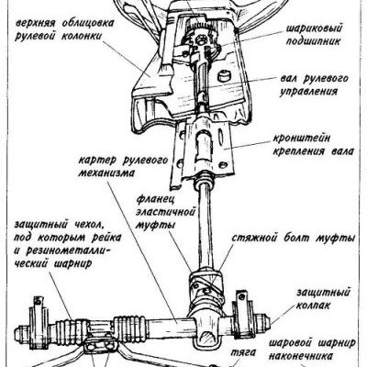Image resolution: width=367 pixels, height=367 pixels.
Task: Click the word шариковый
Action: tap(314, 28)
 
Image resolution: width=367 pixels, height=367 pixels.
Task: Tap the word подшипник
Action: tap(314, 41)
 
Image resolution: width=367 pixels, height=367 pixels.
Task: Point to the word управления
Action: tap(309, 92)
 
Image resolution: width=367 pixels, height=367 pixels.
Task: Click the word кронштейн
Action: tap(303, 138)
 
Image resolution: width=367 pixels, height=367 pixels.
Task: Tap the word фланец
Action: tap(155, 199)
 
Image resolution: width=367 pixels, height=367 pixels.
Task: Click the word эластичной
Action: tap(166, 212)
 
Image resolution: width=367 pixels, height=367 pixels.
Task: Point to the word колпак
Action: tap(314, 306)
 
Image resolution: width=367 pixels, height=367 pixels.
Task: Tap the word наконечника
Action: tap(300, 356)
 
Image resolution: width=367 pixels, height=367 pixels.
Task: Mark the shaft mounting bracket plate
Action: tap(204, 149)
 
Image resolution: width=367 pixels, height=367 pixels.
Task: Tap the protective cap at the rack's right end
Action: tap(264, 321)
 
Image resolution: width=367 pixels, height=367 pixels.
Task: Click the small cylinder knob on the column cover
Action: tap(225, 75)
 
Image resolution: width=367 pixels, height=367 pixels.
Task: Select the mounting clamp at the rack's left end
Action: tap(39, 324)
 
